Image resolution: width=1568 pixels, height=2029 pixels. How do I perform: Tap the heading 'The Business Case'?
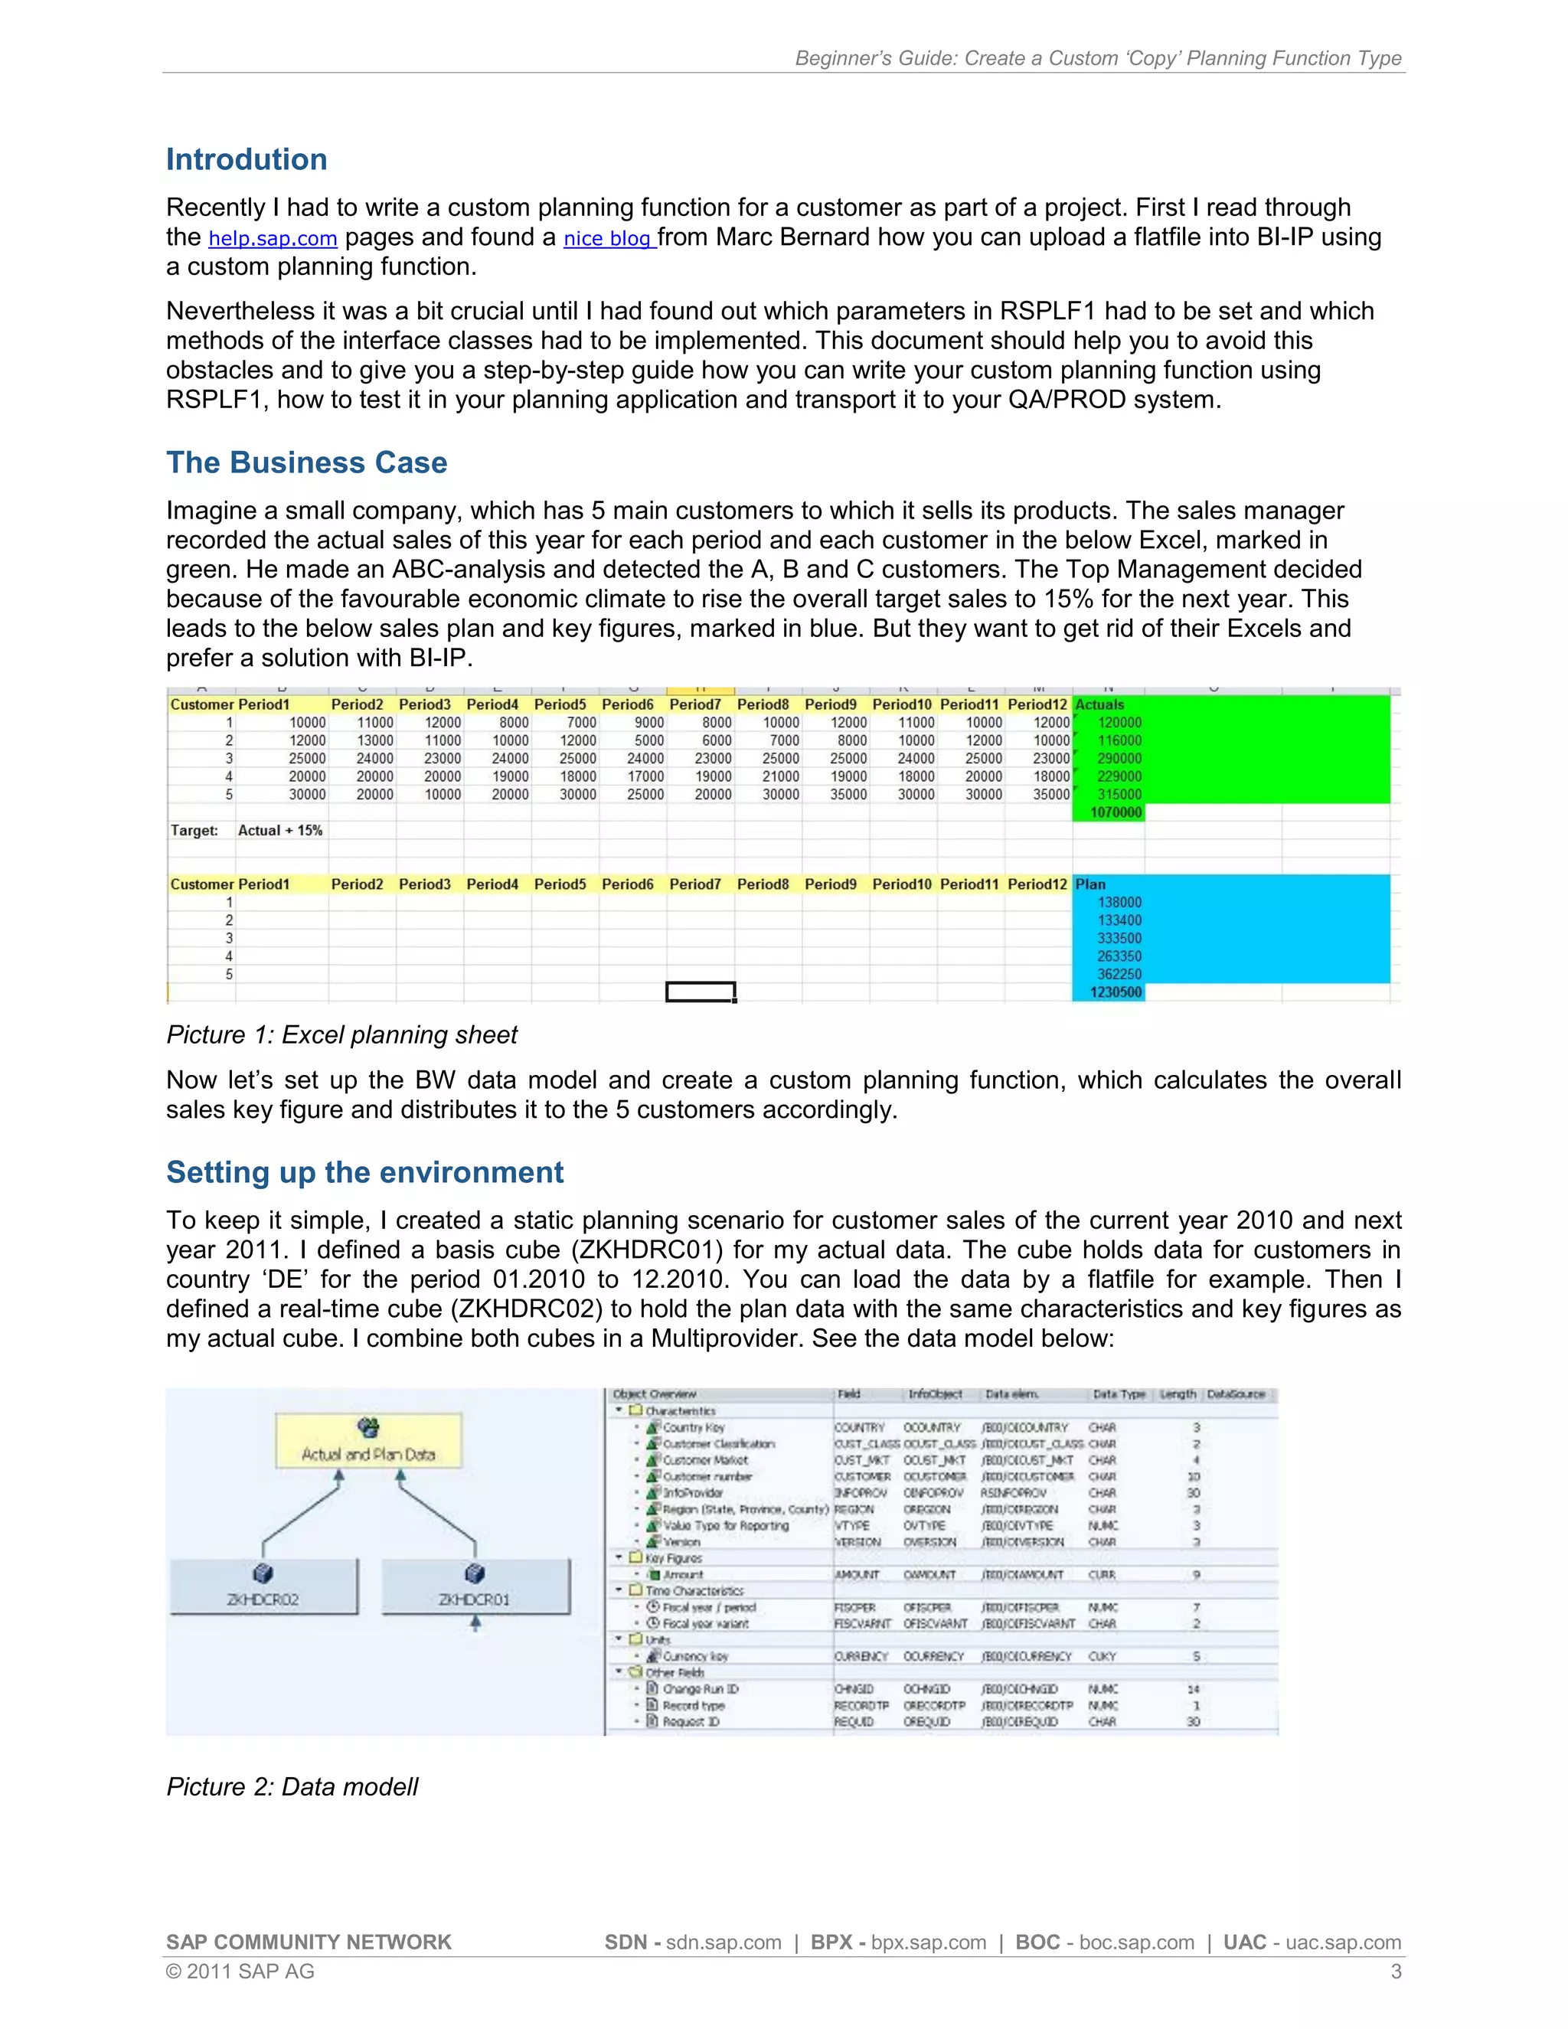(306, 462)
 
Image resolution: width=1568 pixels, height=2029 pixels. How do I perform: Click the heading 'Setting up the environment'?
(364, 1171)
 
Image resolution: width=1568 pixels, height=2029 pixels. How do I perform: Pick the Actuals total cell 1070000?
(1115, 812)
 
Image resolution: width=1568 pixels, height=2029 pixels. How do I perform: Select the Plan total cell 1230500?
(1115, 992)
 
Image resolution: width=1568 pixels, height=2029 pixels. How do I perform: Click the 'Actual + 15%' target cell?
(279, 831)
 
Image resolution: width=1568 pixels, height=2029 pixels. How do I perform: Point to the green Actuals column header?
(1100, 704)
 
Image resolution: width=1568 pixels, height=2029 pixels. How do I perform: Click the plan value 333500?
(1119, 939)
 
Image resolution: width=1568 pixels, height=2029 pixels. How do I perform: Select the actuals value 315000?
(1119, 794)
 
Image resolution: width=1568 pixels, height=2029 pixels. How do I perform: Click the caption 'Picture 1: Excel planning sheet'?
(341, 1035)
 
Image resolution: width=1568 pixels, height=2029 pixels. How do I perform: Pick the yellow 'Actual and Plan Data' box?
(367, 1441)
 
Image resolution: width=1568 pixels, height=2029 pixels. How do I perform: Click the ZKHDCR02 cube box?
(263, 1586)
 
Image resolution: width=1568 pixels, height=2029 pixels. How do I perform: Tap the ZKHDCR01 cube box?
(475, 1586)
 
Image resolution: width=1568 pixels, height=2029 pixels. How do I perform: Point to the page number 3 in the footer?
(1395, 1972)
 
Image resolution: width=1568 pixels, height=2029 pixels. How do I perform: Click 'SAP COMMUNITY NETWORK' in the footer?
(309, 1942)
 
